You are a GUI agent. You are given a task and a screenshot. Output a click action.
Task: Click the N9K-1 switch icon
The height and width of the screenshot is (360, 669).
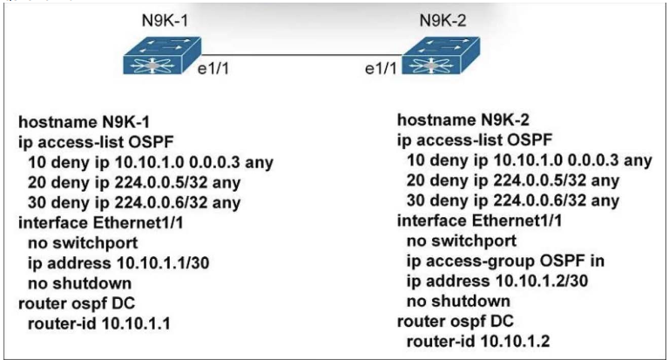(x=162, y=56)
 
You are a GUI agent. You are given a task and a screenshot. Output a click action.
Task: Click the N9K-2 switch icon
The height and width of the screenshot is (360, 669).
(x=441, y=56)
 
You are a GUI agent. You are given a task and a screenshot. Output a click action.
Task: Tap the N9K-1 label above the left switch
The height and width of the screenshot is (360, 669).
(x=165, y=21)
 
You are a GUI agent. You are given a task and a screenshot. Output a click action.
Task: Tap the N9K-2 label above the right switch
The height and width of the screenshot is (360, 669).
(x=443, y=21)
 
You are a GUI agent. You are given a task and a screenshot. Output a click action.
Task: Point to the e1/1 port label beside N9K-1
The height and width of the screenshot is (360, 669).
(x=213, y=68)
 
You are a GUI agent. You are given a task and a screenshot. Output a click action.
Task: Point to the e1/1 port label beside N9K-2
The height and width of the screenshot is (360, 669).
(x=381, y=68)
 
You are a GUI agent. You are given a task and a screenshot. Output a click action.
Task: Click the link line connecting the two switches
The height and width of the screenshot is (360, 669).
(x=301, y=55)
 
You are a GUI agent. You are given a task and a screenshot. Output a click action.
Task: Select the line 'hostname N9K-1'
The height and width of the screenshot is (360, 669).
(x=84, y=122)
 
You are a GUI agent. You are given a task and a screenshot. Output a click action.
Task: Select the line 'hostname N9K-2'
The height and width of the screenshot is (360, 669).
(x=463, y=120)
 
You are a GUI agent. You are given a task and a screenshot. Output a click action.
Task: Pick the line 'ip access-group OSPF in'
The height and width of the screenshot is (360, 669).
(x=505, y=261)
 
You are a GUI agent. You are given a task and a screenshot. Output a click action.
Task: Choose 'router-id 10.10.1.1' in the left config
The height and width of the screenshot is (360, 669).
(x=99, y=323)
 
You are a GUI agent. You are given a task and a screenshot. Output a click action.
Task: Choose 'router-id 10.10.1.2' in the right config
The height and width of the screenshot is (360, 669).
(x=478, y=341)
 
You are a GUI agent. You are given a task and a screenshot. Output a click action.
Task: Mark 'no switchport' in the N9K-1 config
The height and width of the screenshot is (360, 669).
(x=83, y=243)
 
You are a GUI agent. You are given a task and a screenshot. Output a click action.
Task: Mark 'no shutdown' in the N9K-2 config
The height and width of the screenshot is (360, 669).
(x=458, y=301)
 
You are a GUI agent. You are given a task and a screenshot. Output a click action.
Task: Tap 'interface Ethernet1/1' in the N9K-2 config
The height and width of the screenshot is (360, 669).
(x=480, y=221)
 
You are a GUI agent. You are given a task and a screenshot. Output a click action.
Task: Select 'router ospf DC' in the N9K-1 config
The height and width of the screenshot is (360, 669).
(x=77, y=303)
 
